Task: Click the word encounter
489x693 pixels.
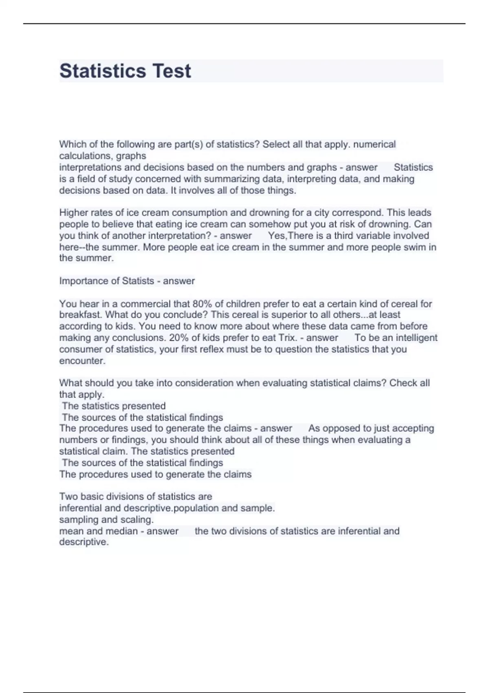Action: coord(81,361)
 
